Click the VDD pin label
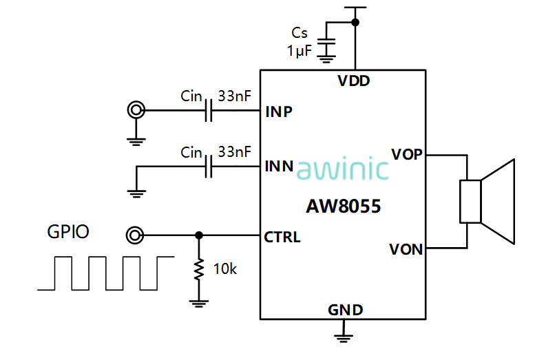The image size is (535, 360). point(353,81)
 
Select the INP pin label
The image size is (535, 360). point(279,112)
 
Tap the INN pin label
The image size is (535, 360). point(279,167)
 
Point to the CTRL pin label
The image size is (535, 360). point(282,237)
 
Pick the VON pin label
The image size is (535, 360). point(406,249)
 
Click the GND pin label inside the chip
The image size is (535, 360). point(345,310)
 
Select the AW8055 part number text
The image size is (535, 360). point(343,206)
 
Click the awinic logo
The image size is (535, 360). point(343,169)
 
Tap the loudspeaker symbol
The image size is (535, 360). point(487,201)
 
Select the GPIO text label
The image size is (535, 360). point(67,232)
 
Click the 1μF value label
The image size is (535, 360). point(300,50)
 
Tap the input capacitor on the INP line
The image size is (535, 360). point(208,111)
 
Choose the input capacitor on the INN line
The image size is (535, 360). point(208,167)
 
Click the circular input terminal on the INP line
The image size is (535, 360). point(136,110)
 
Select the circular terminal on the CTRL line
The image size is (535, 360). point(135,236)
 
